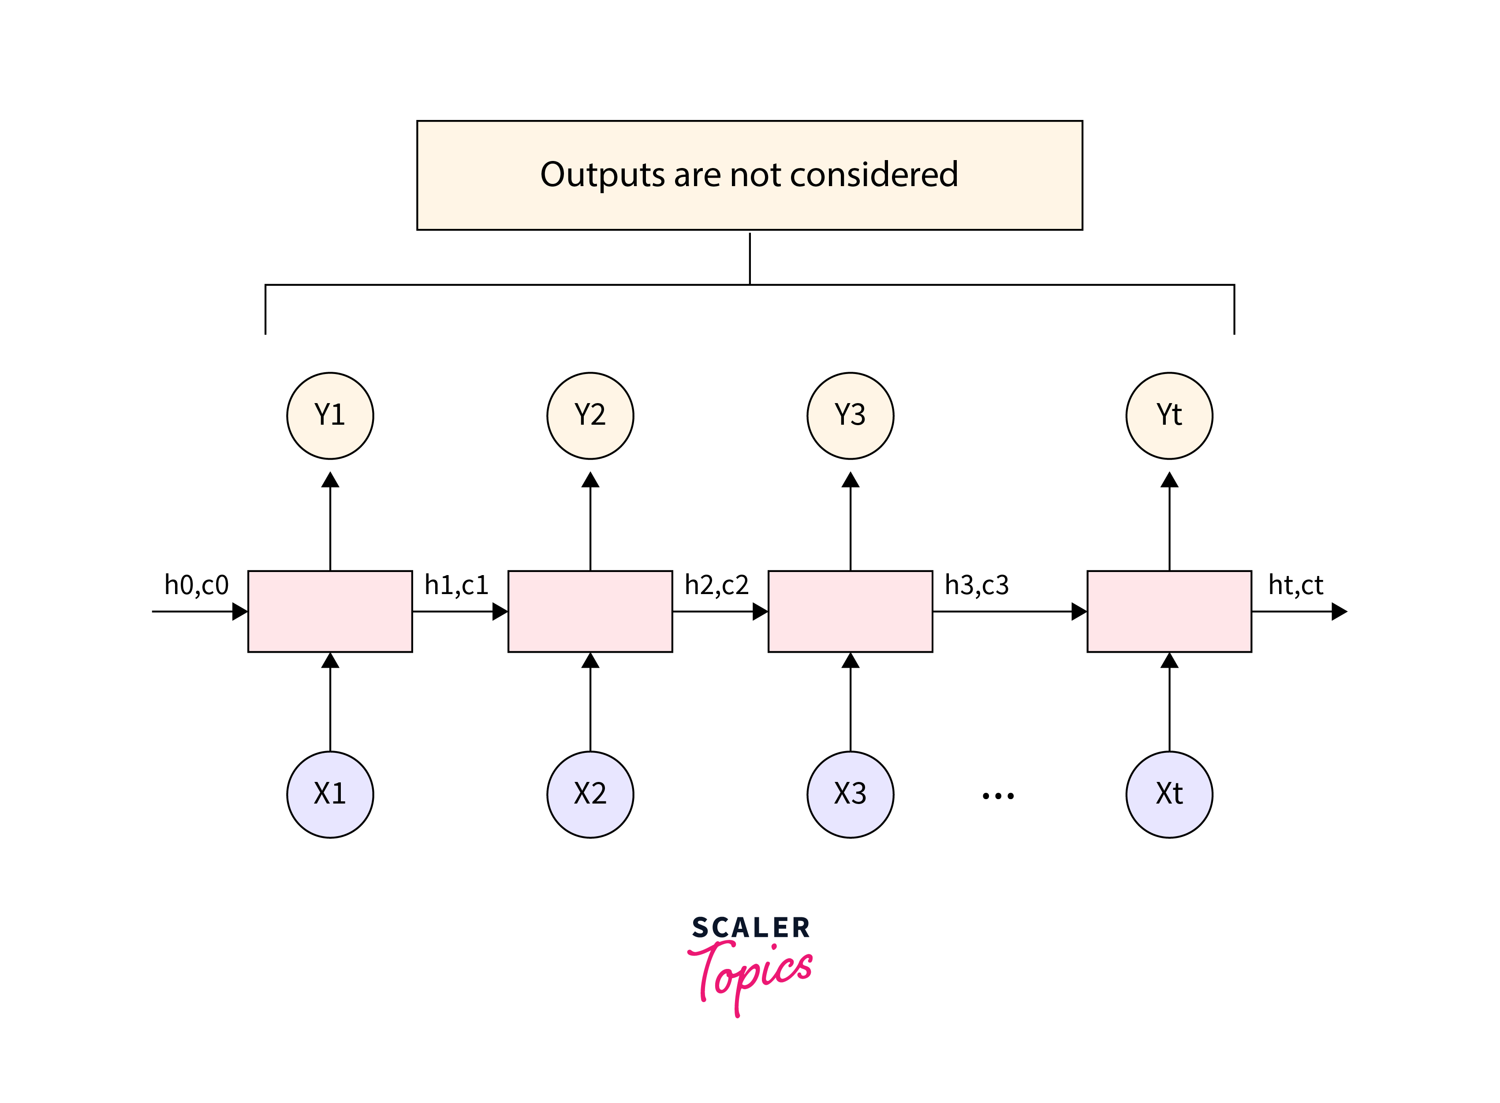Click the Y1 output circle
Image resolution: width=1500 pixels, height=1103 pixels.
pyautogui.click(x=330, y=415)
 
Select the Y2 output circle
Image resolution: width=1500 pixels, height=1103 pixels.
pyautogui.click(x=590, y=415)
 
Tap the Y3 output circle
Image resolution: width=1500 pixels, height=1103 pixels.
pyautogui.click(x=850, y=415)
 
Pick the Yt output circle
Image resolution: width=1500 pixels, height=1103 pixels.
pyautogui.click(x=1169, y=415)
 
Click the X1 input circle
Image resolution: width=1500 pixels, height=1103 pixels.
pyautogui.click(x=330, y=794)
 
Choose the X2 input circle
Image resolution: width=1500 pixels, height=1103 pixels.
pyautogui.click(x=590, y=794)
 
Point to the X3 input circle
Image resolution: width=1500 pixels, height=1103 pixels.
pyautogui.click(x=850, y=794)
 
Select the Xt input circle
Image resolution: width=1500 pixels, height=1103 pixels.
pyautogui.click(x=1169, y=794)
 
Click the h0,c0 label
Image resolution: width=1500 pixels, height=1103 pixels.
pyautogui.click(x=196, y=585)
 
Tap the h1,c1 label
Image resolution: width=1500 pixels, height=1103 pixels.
pyautogui.click(x=457, y=585)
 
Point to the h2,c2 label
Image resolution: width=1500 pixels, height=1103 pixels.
pyautogui.click(x=716, y=585)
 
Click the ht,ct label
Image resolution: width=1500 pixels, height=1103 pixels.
pyautogui.click(x=1295, y=585)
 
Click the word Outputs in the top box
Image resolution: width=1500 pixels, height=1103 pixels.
pyautogui.click(x=602, y=175)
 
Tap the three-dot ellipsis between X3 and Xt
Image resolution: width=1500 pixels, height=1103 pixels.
pyautogui.click(x=998, y=795)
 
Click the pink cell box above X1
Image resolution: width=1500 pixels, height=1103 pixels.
pyautogui.click(x=330, y=611)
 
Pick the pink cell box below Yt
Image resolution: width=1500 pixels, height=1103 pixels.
pyautogui.click(x=1169, y=611)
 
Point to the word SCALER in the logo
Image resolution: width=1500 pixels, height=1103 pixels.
pyautogui.click(x=750, y=928)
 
